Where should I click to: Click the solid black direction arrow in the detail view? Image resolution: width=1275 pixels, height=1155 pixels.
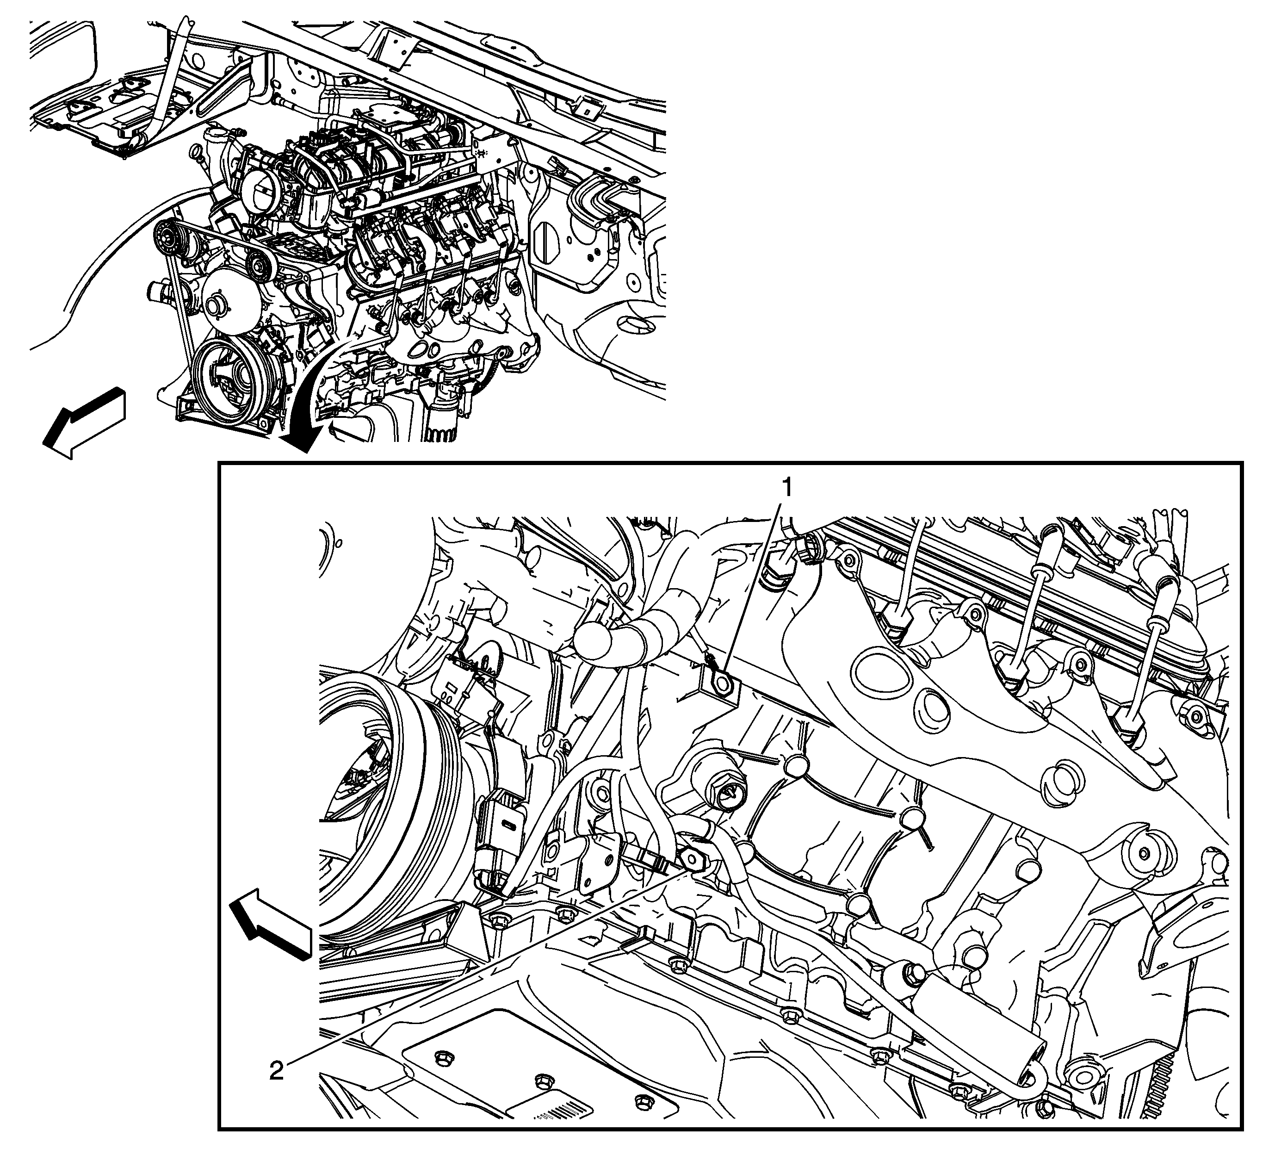coord(270,930)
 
